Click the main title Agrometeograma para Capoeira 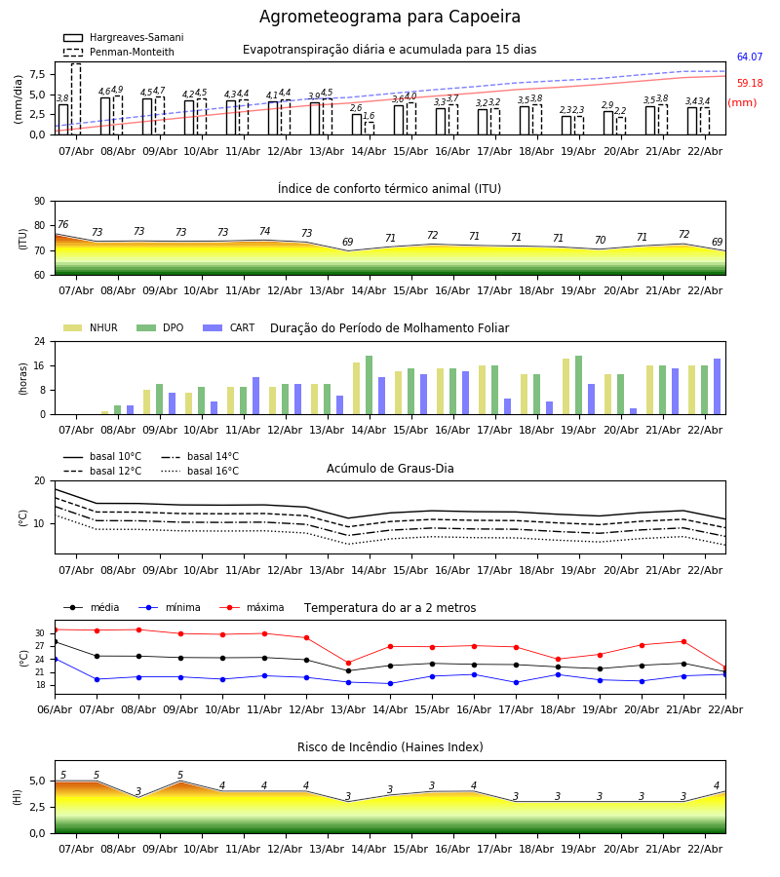(390, 18)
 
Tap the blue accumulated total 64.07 (749, 57)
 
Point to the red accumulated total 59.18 (749, 84)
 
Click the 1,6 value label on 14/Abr (369, 116)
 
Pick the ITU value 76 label (62, 225)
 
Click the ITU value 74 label (264, 232)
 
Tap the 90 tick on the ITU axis (39, 201)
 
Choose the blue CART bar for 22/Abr (717, 387)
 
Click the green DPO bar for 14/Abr (369, 385)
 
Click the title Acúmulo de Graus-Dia (390, 469)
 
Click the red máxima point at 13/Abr (348, 663)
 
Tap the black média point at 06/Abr (55, 641)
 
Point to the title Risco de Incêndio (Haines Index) (390, 747)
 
